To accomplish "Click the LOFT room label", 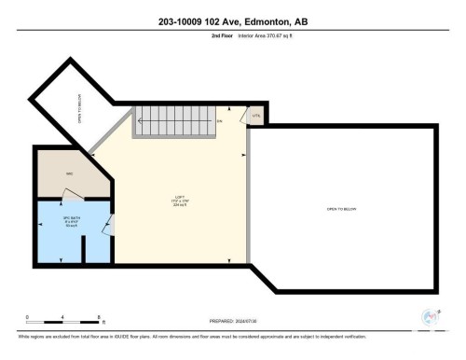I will click(176, 198).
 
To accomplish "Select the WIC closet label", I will click(69, 174).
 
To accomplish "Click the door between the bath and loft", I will click(110, 225).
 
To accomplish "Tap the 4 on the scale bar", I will click(61, 317).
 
